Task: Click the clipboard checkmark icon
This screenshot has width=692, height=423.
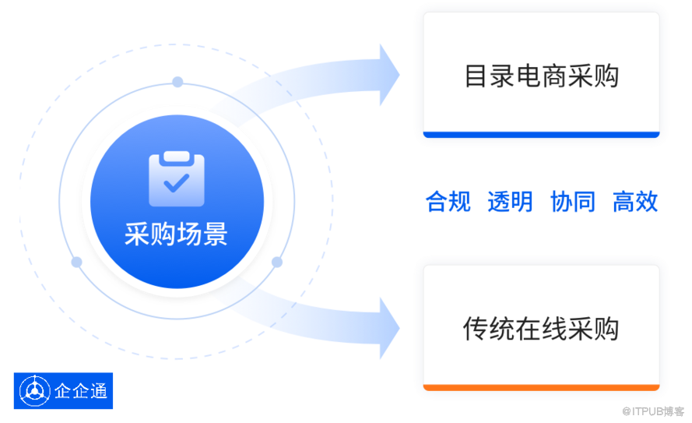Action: (177, 180)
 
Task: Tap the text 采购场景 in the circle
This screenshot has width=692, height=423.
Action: (177, 234)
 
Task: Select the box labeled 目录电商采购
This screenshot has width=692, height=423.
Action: (540, 76)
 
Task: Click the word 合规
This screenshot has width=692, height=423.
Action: (448, 201)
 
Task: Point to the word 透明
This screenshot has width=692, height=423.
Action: (510, 201)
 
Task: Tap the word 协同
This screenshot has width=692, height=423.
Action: (572, 201)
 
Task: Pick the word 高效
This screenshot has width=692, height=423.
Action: (635, 201)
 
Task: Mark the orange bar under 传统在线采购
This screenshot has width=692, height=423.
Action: (540, 386)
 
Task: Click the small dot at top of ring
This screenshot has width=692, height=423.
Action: (177, 82)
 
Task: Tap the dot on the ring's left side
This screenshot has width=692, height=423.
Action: (76, 262)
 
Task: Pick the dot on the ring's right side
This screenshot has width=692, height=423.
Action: (277, 262)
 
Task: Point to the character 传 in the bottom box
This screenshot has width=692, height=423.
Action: (474, 327)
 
